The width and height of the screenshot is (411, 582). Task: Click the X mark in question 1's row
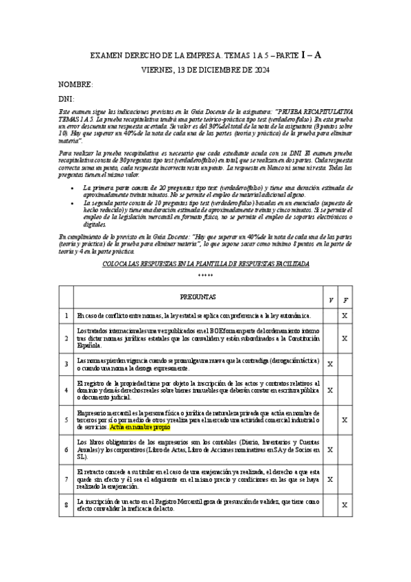tap(345, 316)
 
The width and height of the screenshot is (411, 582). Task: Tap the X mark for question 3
tap(331, 364)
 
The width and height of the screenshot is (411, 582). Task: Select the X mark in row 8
tap(345, 505)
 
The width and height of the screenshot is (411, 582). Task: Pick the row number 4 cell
tap(67, 390)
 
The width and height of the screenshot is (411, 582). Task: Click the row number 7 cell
tap(67, 479)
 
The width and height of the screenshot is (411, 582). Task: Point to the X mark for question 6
tap(331, 450)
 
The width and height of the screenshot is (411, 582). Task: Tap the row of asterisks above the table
tap(205, 275)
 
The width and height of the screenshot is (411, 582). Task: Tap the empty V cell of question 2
tap(331, 338)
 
